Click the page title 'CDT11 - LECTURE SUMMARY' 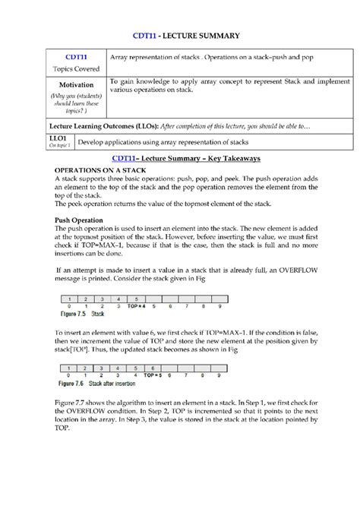point(186,35)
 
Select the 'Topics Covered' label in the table point(75,68)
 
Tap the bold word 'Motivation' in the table point(75,84)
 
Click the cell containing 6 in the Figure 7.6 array point(152,369)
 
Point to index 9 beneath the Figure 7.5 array point(220,305)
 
